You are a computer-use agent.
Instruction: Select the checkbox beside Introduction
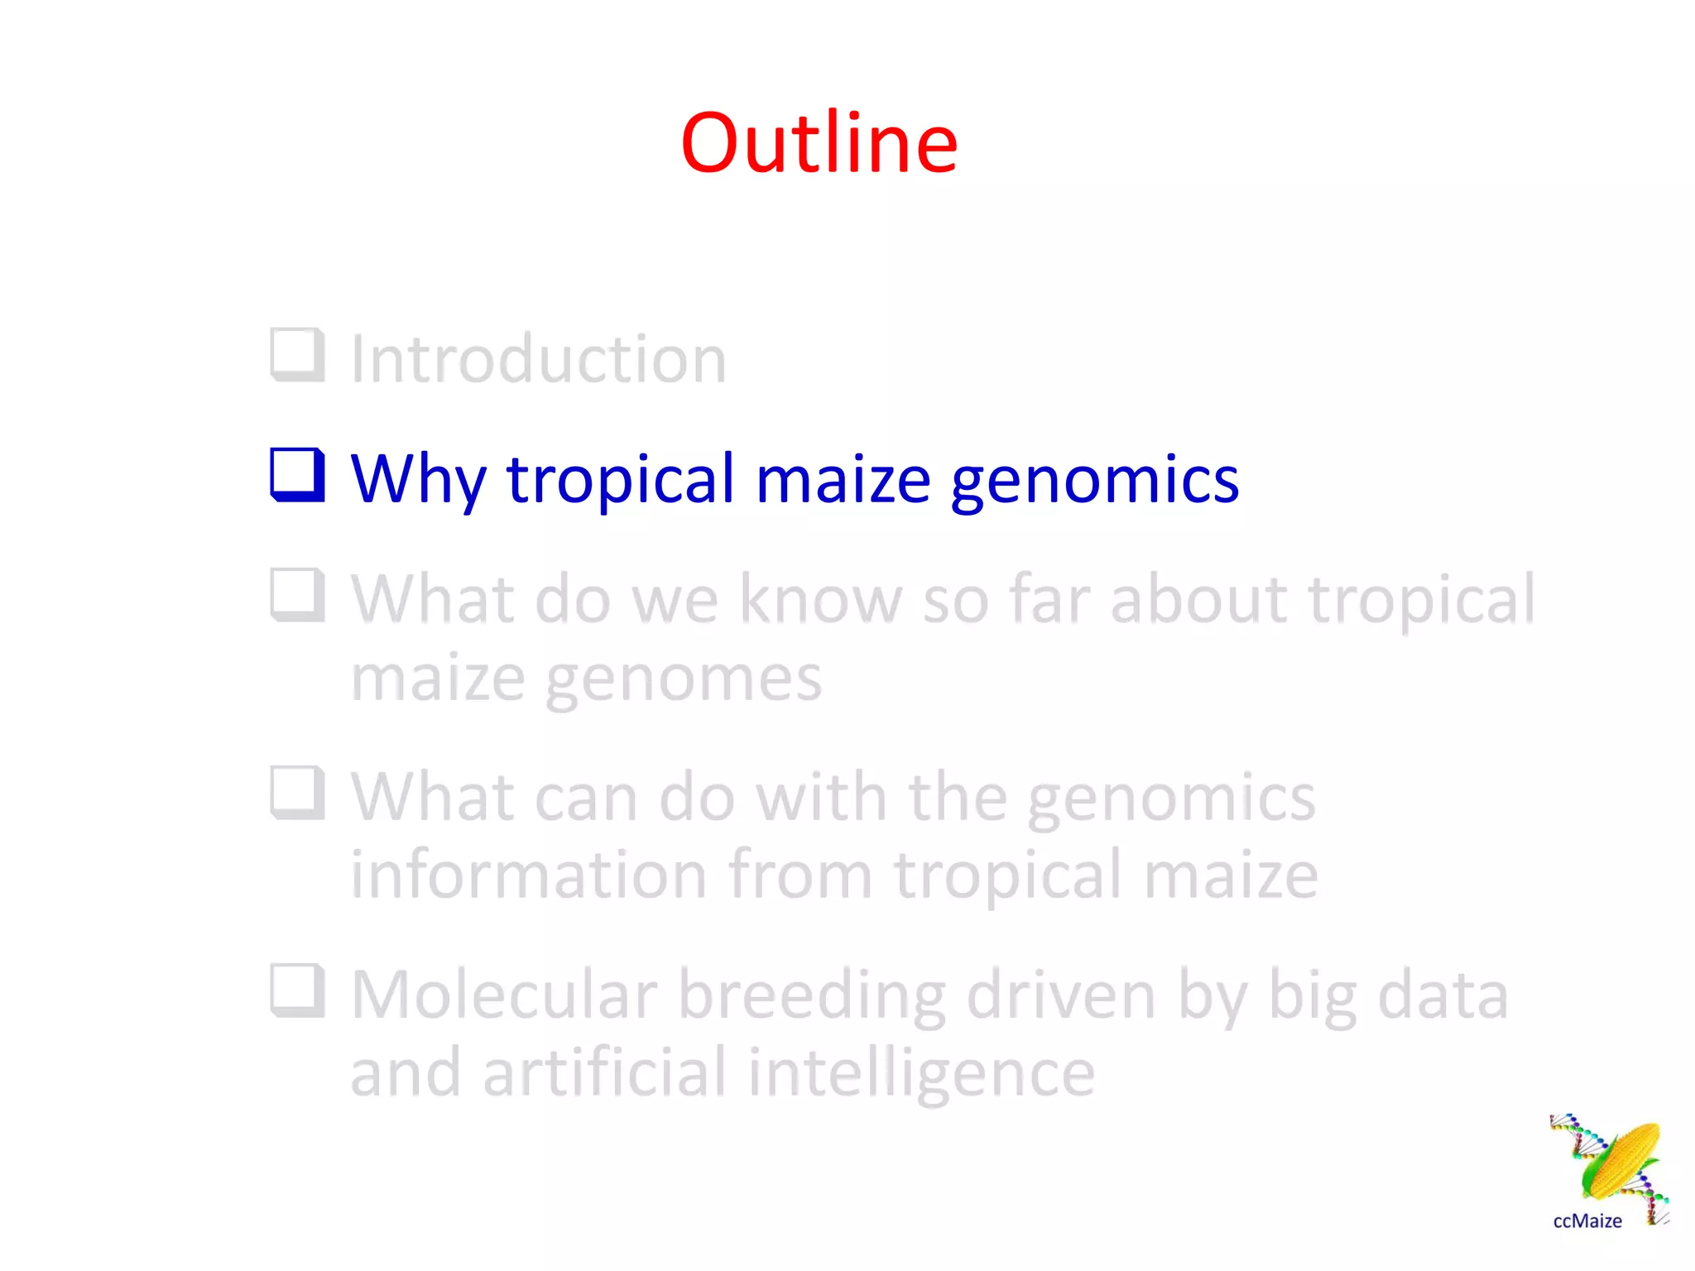297,356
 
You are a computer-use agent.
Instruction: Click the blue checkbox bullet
297,475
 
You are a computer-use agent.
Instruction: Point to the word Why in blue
418,480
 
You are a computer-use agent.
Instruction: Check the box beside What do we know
297,595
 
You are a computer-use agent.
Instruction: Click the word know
819,598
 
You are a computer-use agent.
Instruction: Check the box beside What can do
297,793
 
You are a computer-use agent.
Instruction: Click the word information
529,875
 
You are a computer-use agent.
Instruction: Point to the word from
800,875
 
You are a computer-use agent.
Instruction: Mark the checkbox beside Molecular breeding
297,990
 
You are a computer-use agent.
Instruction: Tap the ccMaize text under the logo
1587,1221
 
